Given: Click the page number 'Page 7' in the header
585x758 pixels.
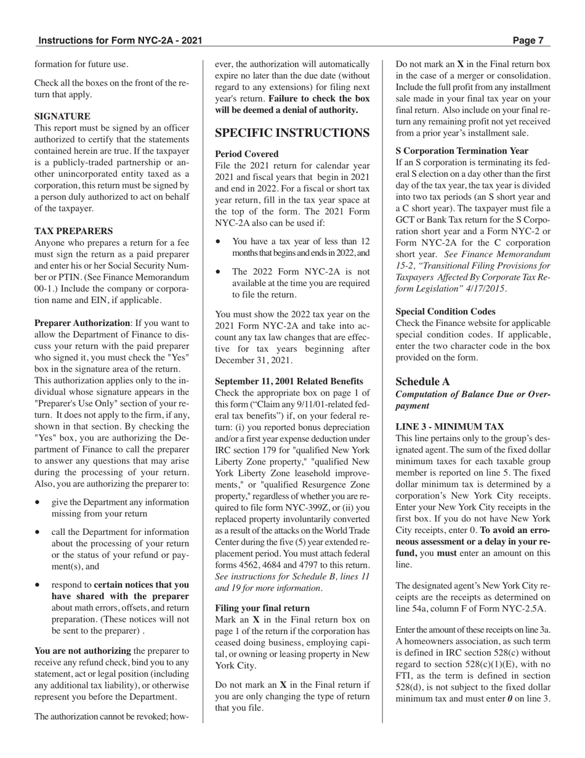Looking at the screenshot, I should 528,41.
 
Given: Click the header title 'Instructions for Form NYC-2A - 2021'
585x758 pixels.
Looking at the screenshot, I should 120,41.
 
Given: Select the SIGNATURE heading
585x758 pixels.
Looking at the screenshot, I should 62,116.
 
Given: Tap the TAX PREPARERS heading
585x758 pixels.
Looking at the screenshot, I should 73,231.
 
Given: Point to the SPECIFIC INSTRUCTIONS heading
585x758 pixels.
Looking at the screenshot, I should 292,133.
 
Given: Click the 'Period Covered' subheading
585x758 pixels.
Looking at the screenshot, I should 246,154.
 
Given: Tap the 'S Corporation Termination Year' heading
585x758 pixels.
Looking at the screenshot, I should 461,150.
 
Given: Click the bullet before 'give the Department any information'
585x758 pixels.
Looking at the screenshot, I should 38,502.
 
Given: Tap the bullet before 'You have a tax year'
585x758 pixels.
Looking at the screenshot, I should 219,242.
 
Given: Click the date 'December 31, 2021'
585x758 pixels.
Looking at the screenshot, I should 253,360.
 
